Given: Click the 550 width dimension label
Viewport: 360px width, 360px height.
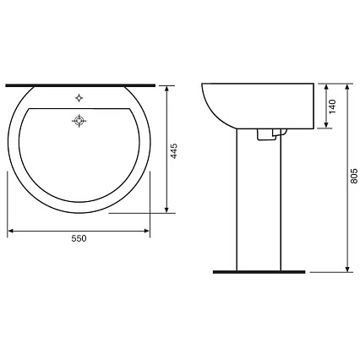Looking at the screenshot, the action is coord(79,238).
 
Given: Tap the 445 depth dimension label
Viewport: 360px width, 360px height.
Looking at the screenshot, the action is coord(174,151).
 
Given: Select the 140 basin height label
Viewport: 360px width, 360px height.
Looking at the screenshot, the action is coord(333,106).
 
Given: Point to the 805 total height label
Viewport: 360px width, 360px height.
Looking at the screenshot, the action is coord(354,176).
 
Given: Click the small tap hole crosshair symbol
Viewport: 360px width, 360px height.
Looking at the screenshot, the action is coord(79,98).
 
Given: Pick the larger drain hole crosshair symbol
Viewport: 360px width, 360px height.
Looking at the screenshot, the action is coord(79,121).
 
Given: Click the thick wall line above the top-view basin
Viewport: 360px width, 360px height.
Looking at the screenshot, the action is coord(80,85).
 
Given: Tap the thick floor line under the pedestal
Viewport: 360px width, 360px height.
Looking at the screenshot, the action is coord(259,272).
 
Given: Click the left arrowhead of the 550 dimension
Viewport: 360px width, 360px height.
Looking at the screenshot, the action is coord(10,231).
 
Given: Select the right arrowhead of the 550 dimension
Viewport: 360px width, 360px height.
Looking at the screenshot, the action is coord(146,231).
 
